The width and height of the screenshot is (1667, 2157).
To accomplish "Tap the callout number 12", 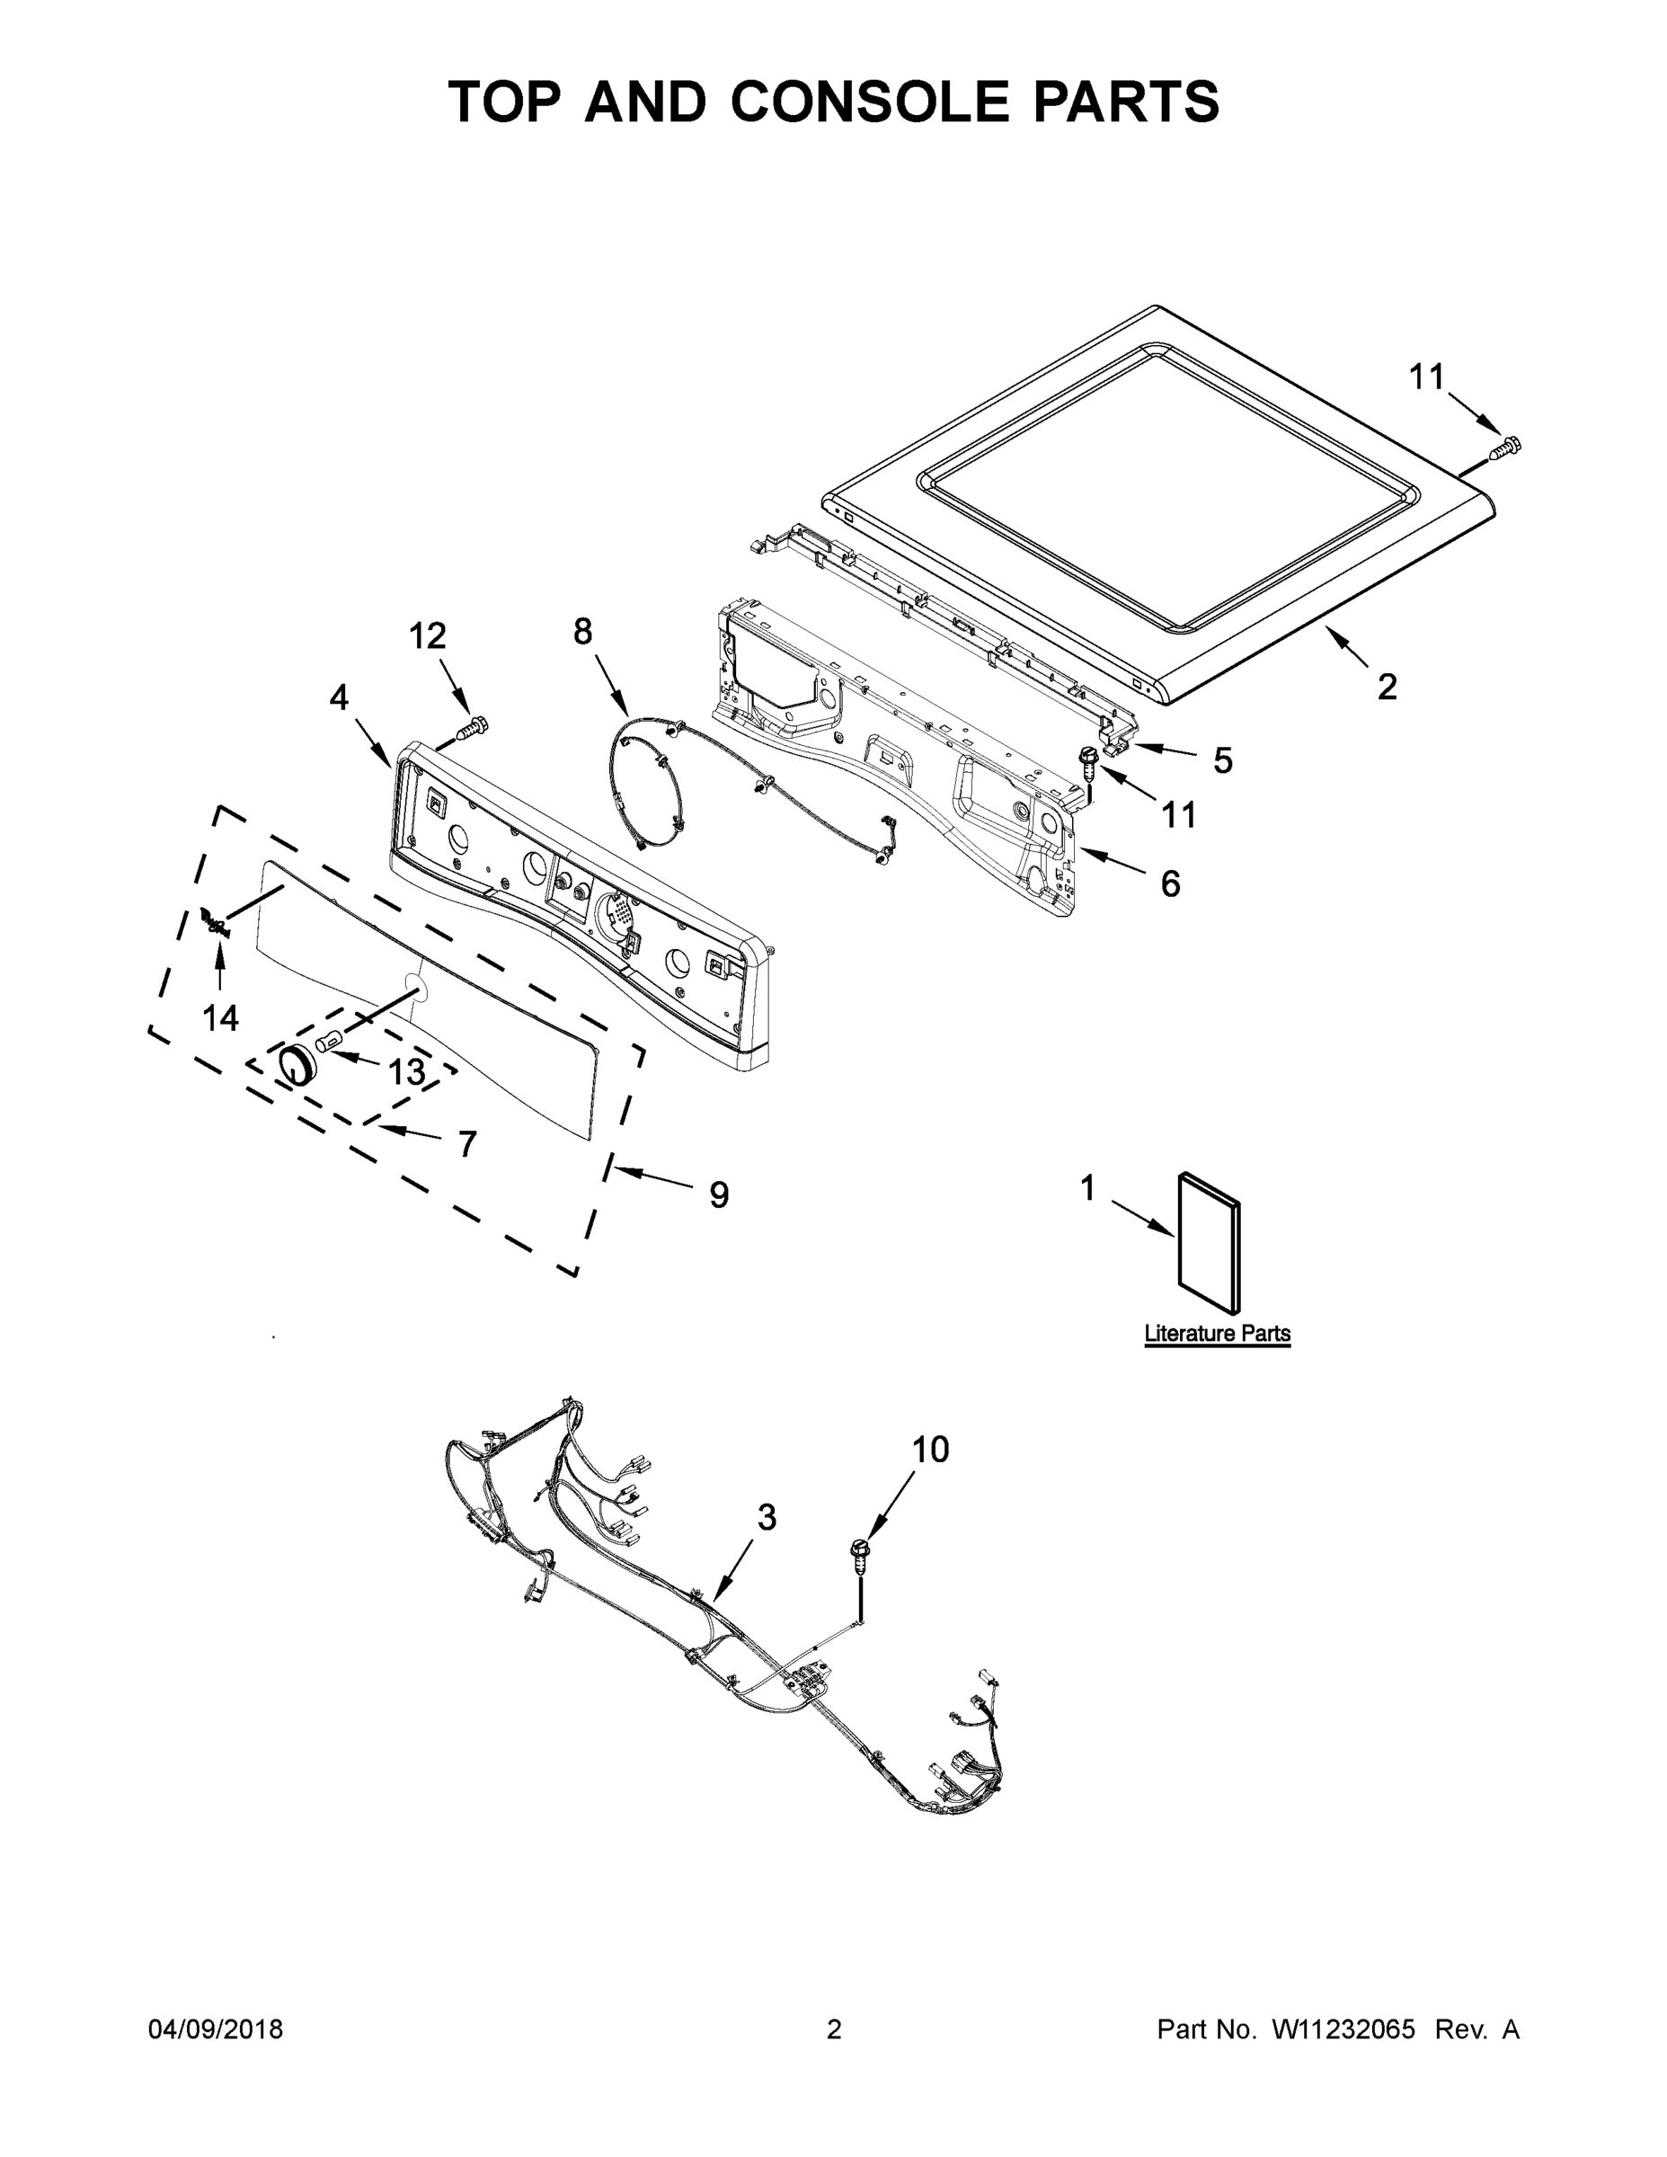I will (428, 636).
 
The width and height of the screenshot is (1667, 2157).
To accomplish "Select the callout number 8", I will (582, 631).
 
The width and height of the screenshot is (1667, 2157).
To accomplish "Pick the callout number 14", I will (220, 1017).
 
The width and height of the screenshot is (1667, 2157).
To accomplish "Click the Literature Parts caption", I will (1217, 1334).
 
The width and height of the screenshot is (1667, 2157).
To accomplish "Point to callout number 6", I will (1170, 884).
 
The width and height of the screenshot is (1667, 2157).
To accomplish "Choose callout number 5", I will (1222, 760).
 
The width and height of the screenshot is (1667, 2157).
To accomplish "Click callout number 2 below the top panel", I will (1388, 688).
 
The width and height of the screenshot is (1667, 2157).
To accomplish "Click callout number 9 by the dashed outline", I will (719, 1195).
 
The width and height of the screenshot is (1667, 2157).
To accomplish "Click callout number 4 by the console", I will (339, 697).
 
